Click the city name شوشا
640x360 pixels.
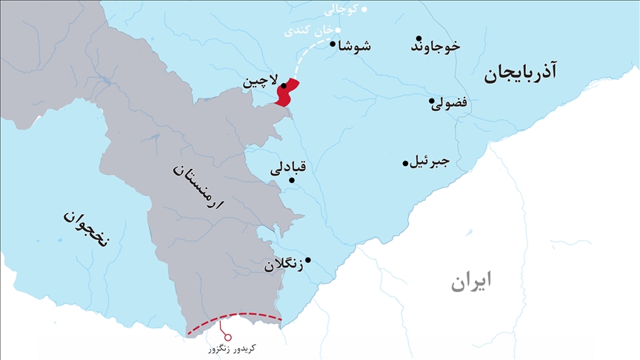click(x=355, y=46)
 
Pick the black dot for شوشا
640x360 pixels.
click(x=333, y=44)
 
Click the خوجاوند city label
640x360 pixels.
click(x=436, y=47)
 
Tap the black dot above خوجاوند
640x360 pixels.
click(x=419, y=39)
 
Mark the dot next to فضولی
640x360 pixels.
click(x=431, y=101)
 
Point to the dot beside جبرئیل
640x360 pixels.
click(x=405, y=163)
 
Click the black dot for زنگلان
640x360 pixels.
click(x=308, y=259)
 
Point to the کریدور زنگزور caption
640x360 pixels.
click(x=233, y=347)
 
